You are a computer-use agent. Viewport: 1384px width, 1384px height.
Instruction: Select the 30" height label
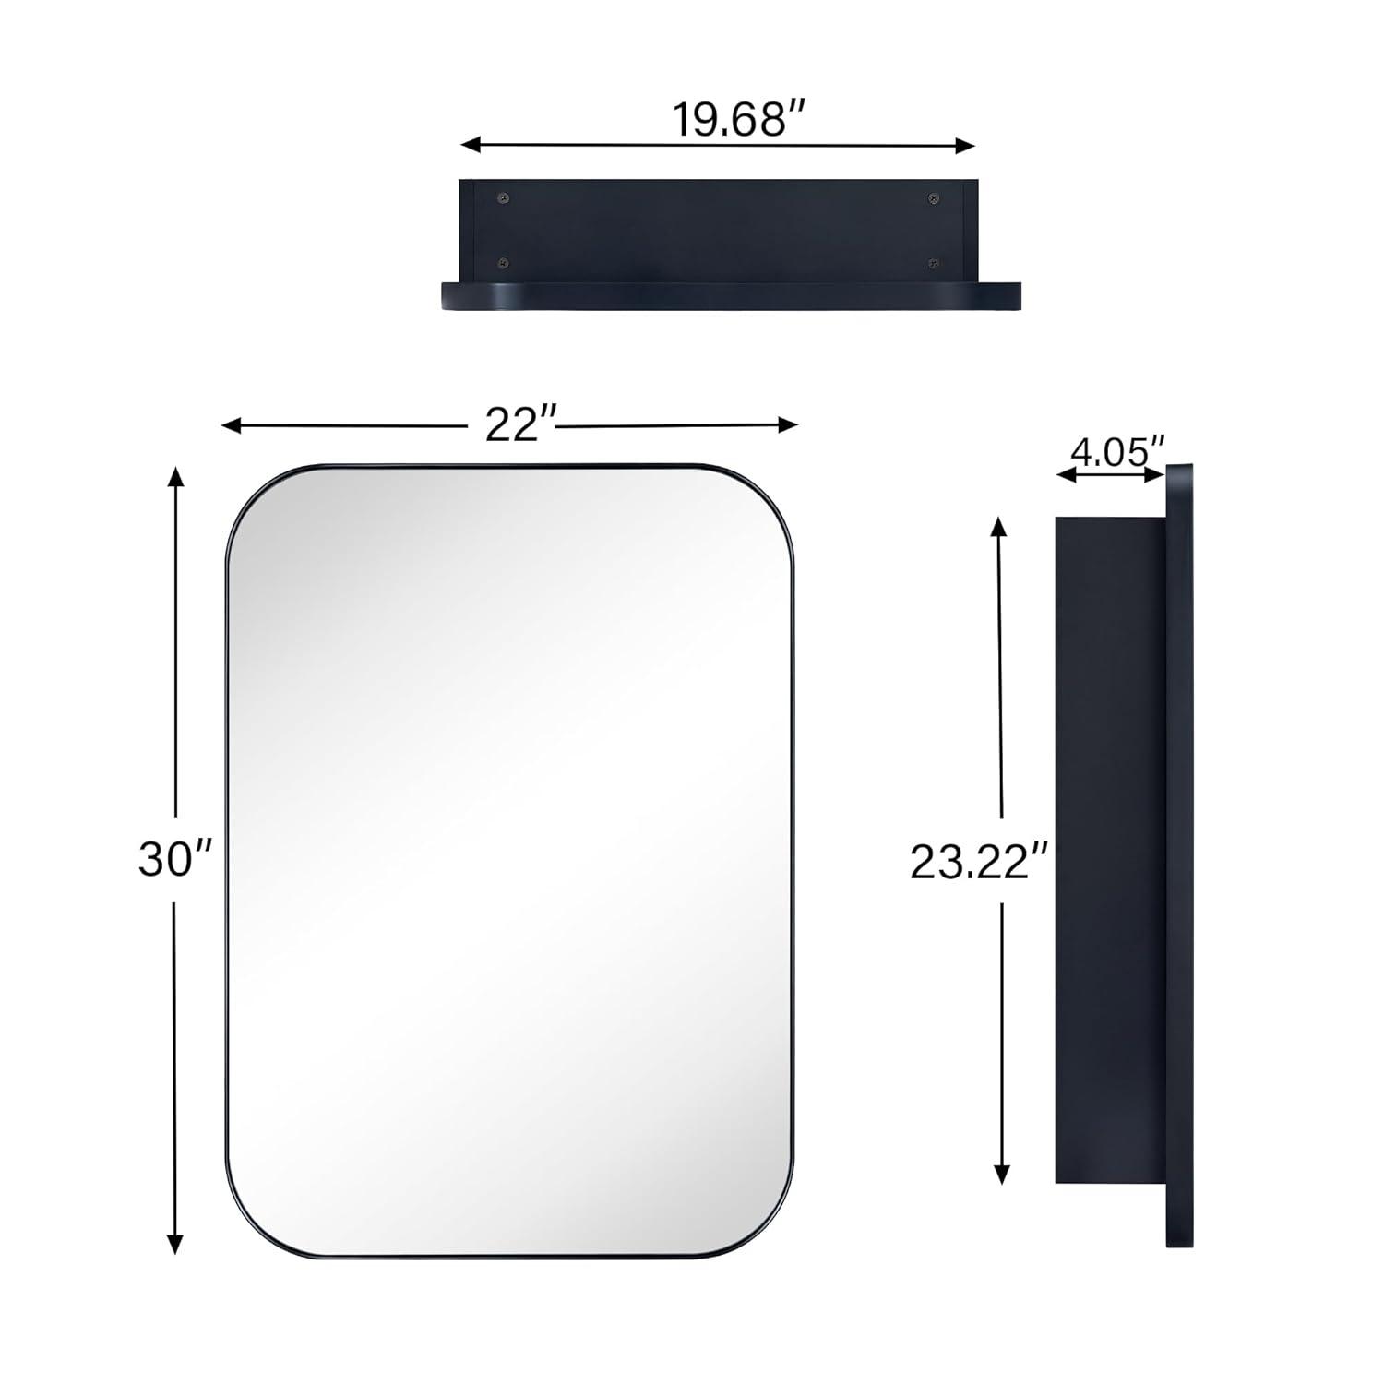[174, 859]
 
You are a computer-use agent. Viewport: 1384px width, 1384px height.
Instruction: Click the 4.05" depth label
[1116, 453]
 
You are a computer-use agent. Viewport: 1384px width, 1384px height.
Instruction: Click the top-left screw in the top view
[503, 198]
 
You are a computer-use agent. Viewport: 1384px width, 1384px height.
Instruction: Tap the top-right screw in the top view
[934, 198]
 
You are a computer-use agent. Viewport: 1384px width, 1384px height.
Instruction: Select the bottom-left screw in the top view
[503, 264]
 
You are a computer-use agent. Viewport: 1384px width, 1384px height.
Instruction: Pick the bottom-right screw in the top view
[934, 264]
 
